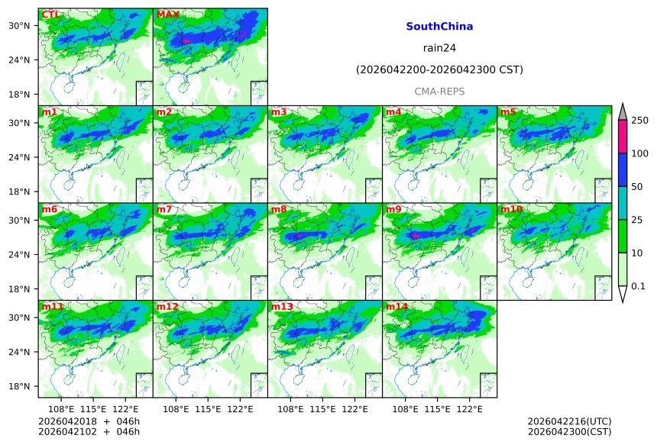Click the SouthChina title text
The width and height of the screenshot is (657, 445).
tap(439, 27)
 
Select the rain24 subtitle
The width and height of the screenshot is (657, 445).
tap(439, 48)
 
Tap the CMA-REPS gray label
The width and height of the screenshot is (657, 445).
tap(439, 92)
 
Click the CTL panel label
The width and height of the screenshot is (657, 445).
tap(51, 15)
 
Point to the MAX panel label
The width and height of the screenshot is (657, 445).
tap(167, 15)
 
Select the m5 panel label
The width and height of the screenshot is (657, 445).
tap(508, 112)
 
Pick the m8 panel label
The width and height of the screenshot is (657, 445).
tap(279, 209)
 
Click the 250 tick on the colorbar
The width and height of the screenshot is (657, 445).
tap(639, 121)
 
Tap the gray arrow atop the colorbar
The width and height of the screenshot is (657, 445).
tap(622, 111)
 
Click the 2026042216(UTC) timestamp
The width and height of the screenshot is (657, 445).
tap(569, 421)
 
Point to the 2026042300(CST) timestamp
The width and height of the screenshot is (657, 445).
tap(569, 432)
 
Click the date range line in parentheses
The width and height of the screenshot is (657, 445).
tap(439, 70)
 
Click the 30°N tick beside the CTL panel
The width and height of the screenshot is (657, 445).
tap(23, 26)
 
